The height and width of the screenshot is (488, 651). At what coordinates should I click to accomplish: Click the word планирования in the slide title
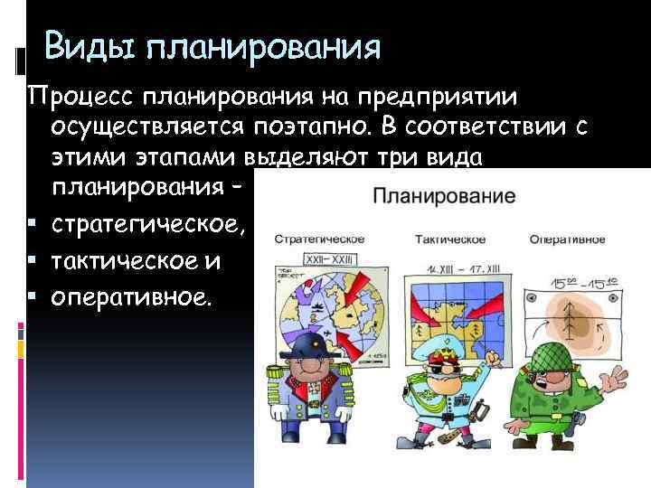[x=258, y=47]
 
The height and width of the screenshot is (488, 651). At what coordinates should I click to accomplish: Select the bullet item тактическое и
[x=136, y=262]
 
